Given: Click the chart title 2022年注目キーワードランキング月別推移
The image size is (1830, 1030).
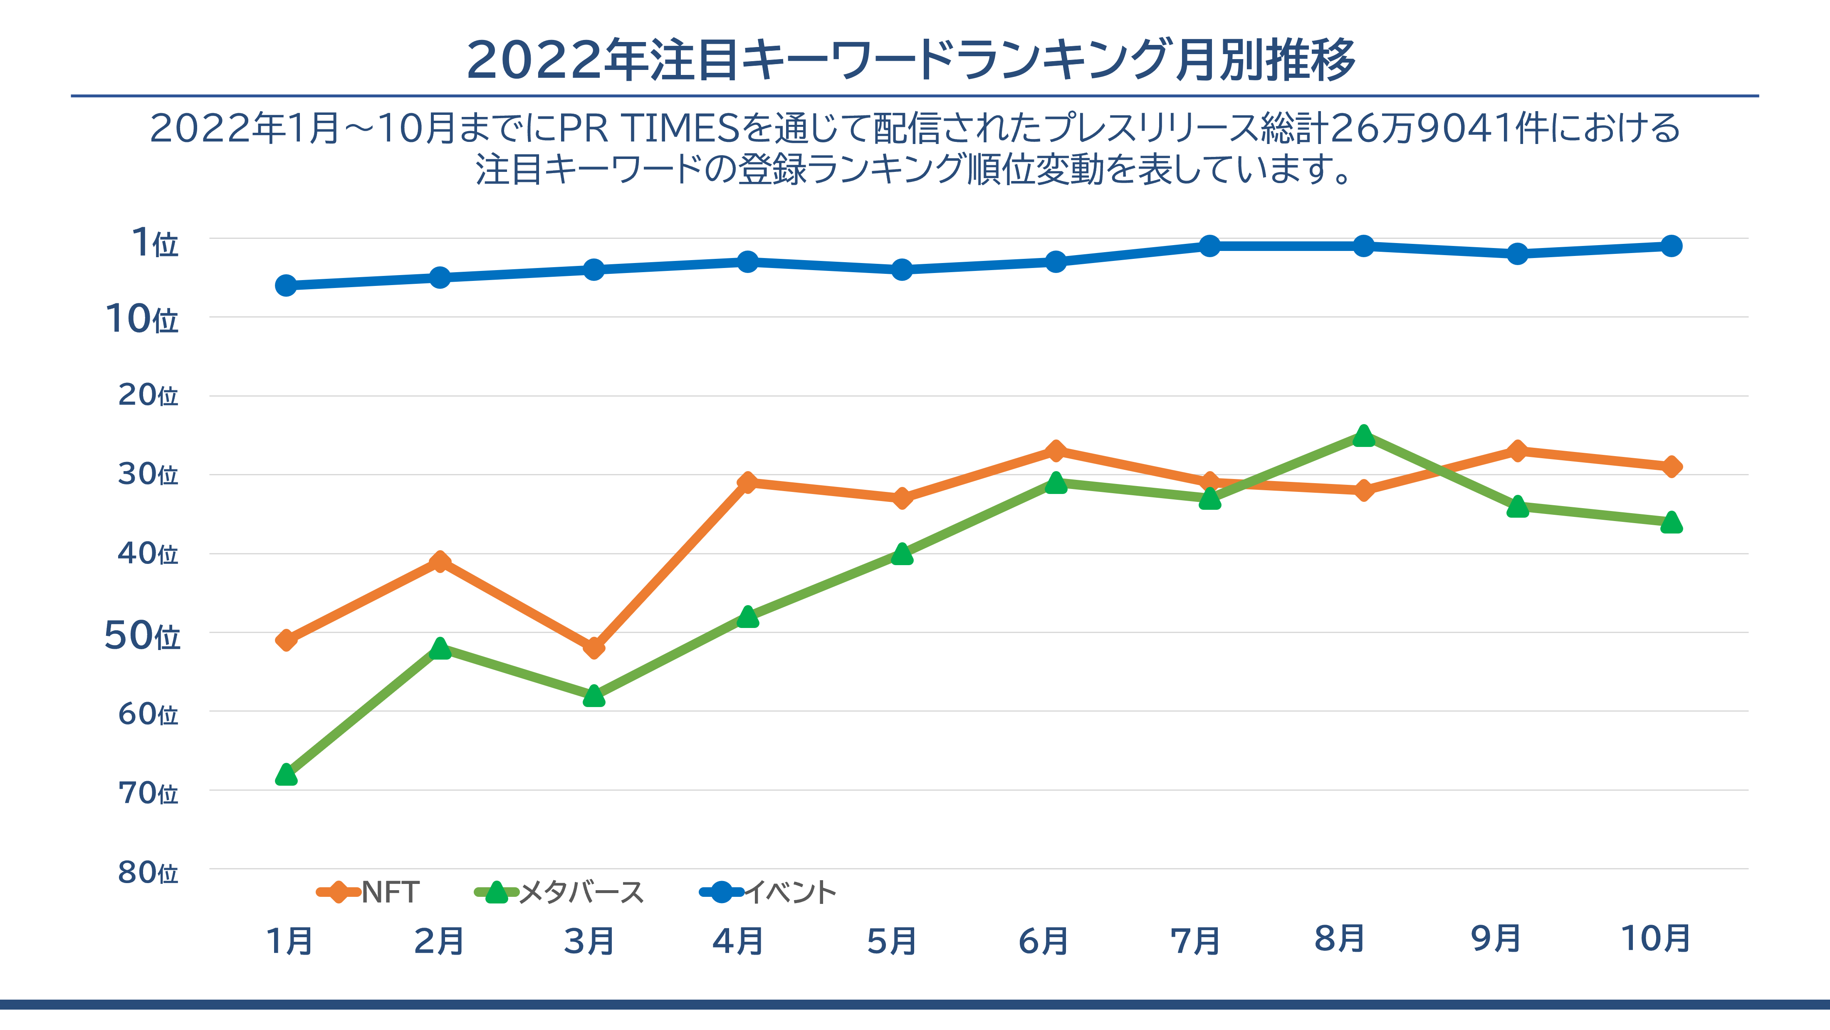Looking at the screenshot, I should tap(911, 60).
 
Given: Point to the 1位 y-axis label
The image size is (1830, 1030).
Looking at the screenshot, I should tap(155, 243).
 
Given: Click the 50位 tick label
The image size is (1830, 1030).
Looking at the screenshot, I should tap(142, 635).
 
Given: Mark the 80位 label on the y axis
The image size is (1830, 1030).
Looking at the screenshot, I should tap(148, 872).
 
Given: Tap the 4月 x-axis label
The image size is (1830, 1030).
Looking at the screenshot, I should tap(738, 941).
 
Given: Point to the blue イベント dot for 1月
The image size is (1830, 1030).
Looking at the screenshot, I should tap(286, 285).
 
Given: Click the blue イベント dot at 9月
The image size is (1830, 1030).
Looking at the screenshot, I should tap(1517, 254).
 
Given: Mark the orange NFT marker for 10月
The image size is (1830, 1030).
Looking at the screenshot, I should tap(1672, 466).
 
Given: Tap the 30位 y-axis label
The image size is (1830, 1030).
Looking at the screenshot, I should tap(148, 474).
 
